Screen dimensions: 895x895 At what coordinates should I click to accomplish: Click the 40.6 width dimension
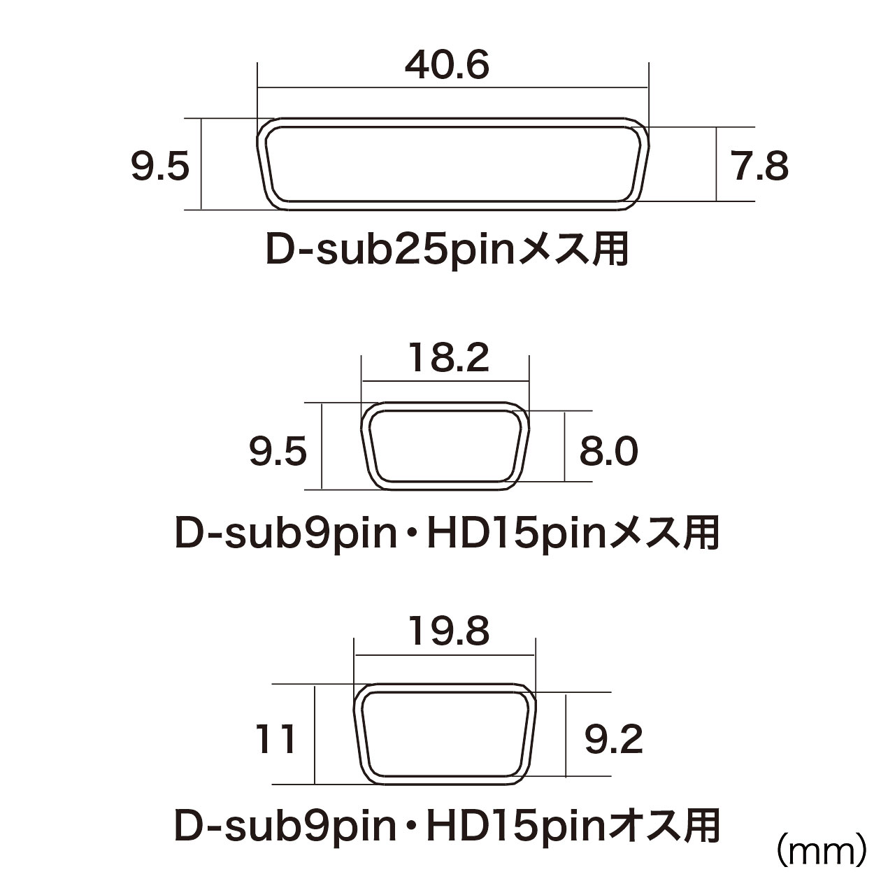447,66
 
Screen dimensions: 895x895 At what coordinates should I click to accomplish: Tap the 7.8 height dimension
761,166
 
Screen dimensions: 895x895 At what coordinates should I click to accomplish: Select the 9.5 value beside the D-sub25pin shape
160,166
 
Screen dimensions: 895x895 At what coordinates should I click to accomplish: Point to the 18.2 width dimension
449,357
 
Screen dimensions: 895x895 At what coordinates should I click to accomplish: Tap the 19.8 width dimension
449,631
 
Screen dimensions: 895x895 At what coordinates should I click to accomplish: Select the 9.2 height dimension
613,739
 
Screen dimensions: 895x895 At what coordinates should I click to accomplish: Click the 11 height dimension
275,739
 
